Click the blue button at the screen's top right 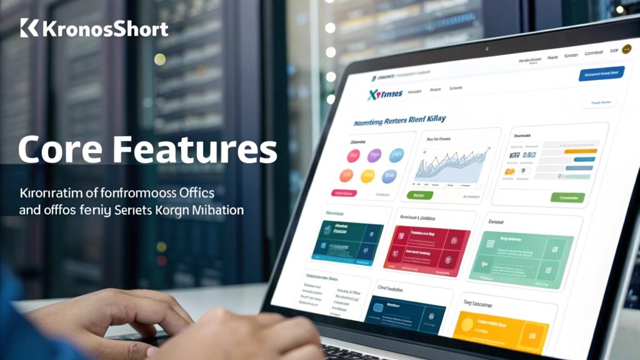pos(601,74)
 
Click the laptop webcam pos(485,49)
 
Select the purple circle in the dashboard pos(374,154)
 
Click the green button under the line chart pos(419,195)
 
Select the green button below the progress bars pos(567,197)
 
